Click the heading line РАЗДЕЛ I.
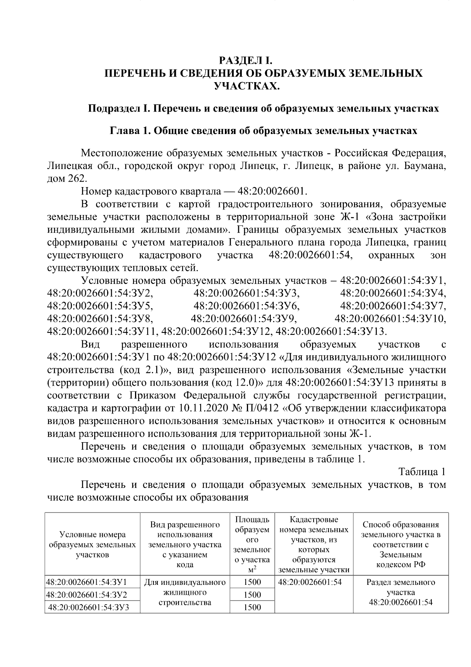tap(245, 61)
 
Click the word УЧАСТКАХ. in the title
tap(246, 85)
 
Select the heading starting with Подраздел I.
tap(263, 108)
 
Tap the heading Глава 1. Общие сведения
tap(263, 131)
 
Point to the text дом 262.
tap(66, 178)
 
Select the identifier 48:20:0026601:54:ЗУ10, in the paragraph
tap(390, 318)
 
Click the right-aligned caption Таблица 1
tap(422, 472)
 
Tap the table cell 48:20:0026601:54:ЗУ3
tap(89, 608)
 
